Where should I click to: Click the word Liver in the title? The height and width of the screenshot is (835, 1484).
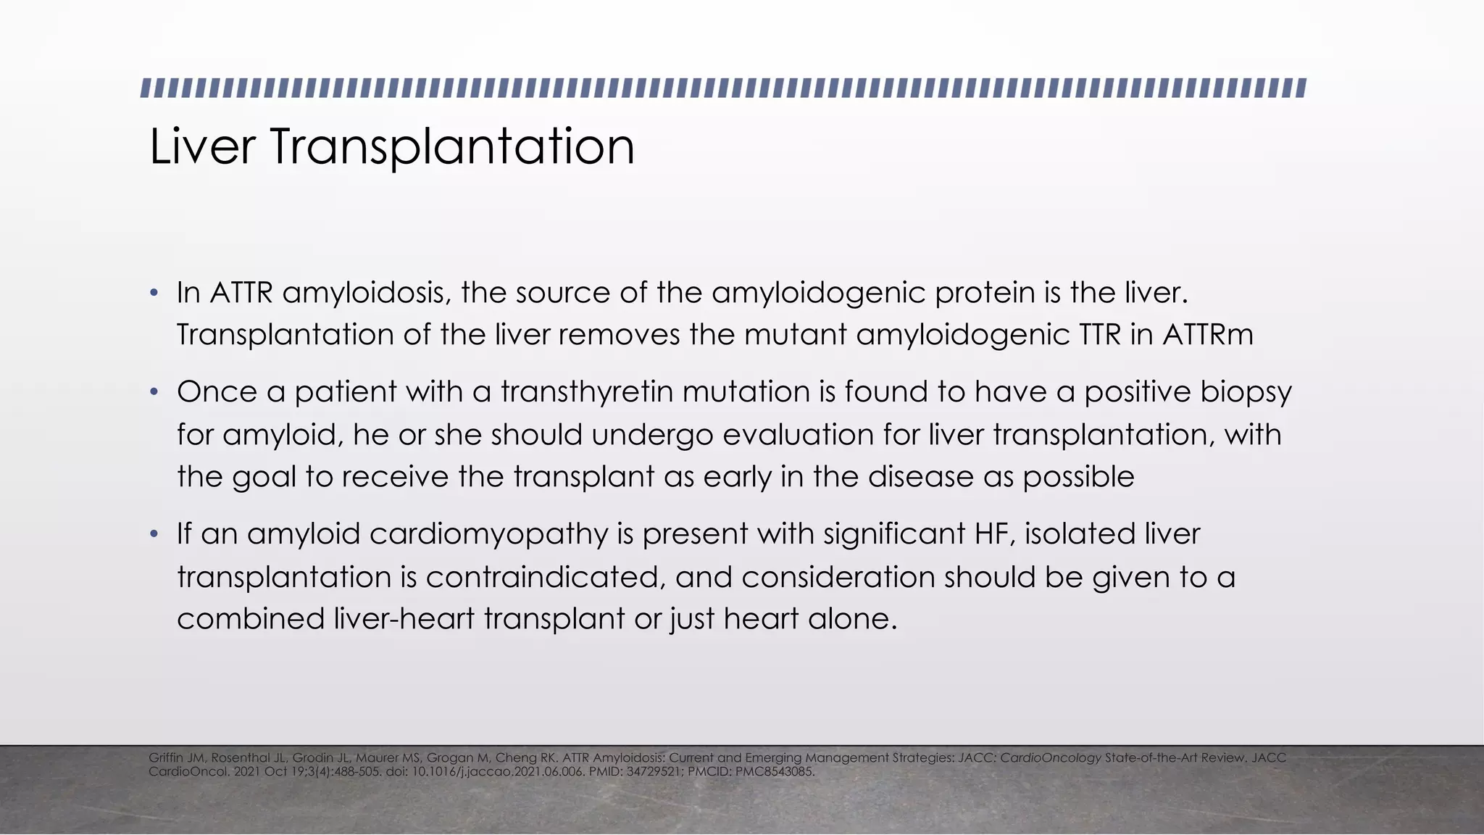(x=202, y=146)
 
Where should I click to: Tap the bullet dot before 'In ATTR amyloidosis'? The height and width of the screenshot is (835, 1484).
(x=153, y=294)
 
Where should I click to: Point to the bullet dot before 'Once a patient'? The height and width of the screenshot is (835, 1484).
(x=153, y=392)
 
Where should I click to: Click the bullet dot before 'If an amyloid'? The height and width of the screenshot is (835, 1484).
(x=153, y=535)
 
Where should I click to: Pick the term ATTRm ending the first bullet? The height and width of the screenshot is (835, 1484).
(x=1208, y=335)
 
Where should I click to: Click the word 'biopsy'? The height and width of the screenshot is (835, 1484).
(x=1246, y=392)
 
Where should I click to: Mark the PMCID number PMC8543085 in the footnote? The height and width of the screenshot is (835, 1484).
(x=775, y=772)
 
